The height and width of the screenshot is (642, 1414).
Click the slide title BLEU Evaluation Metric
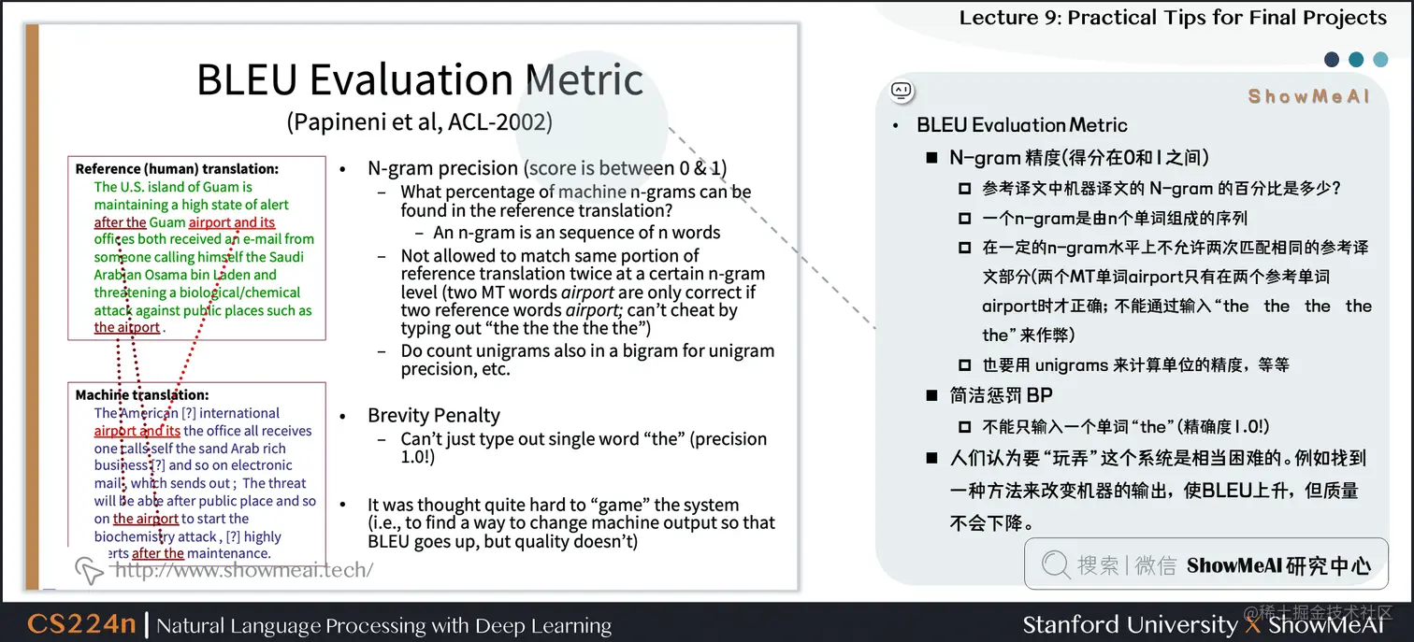[x=420, y=79]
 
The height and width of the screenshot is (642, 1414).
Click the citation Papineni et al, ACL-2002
[x=420, y=121]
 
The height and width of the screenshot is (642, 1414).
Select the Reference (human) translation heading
[x=177, y=169]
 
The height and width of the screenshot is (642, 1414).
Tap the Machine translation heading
[x=142, y=395]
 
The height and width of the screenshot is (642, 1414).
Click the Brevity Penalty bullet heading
[x=433, y=415]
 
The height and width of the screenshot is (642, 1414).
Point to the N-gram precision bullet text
[x=442, y=168]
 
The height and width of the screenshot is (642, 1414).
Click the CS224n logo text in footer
[x=81, y=624]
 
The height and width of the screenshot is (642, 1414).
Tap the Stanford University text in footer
[x=1129, y=624]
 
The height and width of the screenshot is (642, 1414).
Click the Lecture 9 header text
[x=1172, y=18]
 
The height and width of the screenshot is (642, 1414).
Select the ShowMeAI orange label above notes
[x=1307, y=96]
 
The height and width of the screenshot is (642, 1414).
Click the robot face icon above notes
[x=902, y=91]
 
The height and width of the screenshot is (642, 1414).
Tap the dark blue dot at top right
[x=1332, y=60]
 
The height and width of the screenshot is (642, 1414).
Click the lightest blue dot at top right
[x=1380, y=60]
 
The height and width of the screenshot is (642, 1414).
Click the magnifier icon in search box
[x=1055, y=564]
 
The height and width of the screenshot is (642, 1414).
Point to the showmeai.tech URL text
[x=243, y=569]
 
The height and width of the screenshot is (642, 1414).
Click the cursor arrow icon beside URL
[x=89, y=569]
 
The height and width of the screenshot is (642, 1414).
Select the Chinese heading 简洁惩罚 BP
[x=1001, y=395]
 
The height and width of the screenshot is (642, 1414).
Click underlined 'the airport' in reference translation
[x=126, y=328]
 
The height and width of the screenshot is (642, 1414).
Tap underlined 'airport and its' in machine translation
[x=137, y=431]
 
